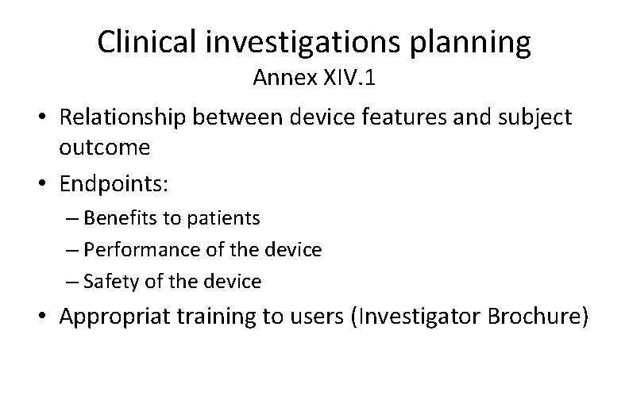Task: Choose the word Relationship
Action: coord(127,117)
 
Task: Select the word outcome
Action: coord(104,148)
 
